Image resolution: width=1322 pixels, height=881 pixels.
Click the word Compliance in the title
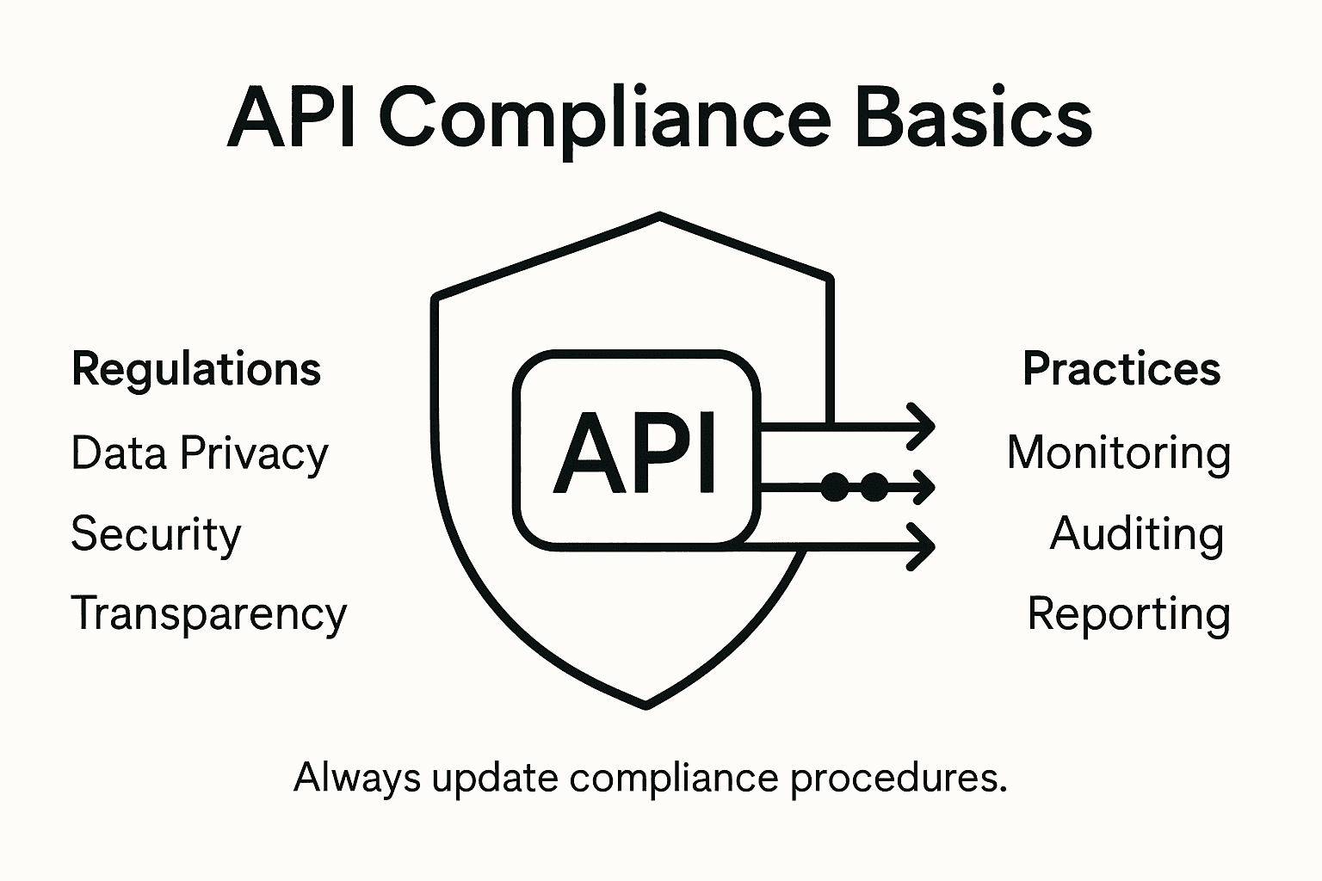point(604,120)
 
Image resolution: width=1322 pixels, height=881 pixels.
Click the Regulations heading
point(196,370)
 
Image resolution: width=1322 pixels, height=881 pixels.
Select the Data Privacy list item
point(200,453)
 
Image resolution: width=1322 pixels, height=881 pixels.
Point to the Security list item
point(156,534)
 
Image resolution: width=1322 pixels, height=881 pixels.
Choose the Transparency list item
point(208,614)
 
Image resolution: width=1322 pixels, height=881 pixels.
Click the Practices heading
point(1121,370)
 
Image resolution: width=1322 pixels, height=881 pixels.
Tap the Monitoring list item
point(1118,453)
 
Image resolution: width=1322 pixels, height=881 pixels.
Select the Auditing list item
point(1136,534)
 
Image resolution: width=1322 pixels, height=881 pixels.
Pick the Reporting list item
point(1128,614)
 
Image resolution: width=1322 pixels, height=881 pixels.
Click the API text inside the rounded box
point(635,453)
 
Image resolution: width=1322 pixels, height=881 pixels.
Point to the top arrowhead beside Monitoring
point(924,425)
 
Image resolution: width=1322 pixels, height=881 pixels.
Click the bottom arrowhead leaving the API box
point(924,546)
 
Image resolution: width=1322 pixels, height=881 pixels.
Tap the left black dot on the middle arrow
point(834,487)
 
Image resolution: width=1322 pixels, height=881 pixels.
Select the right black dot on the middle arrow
point(874,487)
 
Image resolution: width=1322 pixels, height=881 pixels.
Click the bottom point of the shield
point(646,705)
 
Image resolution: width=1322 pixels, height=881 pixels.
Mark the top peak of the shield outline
point(659,215)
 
